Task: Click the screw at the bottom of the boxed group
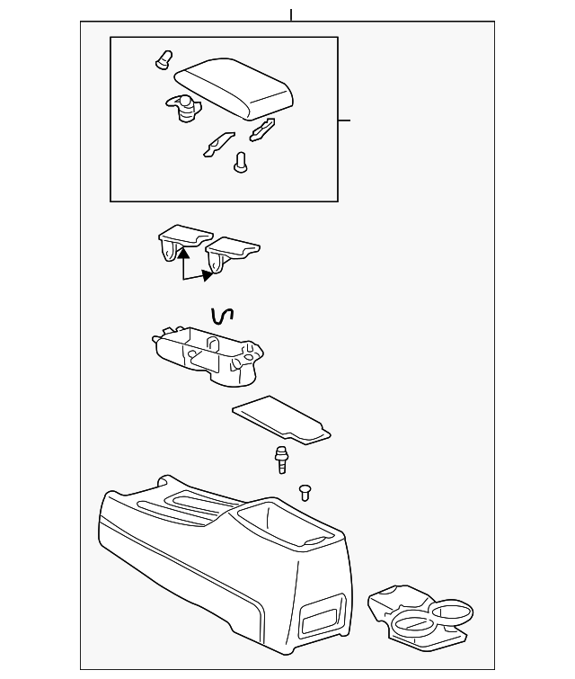tap(240, 163)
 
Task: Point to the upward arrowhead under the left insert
tap(182, 255)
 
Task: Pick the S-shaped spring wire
tap(221, 316)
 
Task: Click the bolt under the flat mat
tap(282, 459)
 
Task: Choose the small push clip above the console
tap(305, 490)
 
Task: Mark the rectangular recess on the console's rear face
tap(321, 620)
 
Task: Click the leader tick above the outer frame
tap(291, 15)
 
